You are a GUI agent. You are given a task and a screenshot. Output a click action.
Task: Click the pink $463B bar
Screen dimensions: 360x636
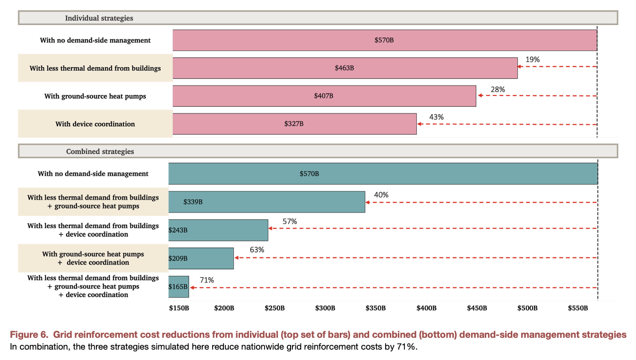(345, 68)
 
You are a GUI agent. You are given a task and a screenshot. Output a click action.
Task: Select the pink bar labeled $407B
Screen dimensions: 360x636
(324, 96)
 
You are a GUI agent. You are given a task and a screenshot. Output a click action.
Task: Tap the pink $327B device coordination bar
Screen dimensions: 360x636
(294, 124)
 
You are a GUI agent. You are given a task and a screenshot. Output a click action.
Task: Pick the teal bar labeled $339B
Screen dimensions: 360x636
(266, 202)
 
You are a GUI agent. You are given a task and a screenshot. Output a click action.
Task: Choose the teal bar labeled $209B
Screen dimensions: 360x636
(201, 258)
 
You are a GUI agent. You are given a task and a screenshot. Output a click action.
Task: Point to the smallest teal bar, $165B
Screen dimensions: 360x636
(179, 287)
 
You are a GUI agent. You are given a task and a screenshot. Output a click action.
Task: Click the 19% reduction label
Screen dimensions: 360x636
(533, 60)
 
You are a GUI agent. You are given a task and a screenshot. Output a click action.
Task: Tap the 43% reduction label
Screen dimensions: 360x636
(436, 117)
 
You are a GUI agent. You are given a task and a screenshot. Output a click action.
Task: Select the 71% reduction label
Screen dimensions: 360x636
(206, 280)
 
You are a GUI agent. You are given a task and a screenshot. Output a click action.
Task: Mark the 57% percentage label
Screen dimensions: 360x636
(290, 222)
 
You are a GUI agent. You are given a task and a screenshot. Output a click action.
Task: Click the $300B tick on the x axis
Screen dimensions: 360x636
(325, 308)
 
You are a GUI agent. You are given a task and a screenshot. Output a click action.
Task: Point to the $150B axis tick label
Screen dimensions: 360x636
(179, 308)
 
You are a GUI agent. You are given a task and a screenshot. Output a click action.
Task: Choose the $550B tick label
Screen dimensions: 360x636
(577, 308)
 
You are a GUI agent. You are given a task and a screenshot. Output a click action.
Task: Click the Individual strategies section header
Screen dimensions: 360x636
(99, 18)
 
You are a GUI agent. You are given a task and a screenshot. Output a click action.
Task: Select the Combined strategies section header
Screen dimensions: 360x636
(100, 152)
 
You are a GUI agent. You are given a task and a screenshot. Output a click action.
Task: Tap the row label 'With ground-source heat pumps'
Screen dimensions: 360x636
(95, 96)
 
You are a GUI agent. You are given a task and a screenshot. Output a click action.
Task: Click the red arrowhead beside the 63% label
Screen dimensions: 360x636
(237, 258)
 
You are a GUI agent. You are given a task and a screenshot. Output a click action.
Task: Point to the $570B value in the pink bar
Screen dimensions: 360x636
(384, 40)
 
